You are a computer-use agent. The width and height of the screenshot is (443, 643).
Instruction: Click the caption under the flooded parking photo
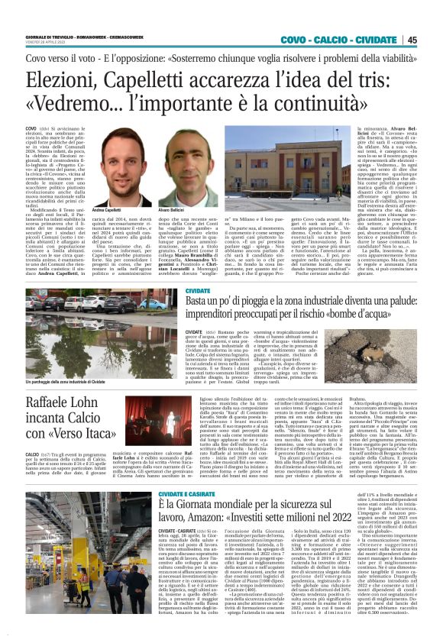pos(74,402)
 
